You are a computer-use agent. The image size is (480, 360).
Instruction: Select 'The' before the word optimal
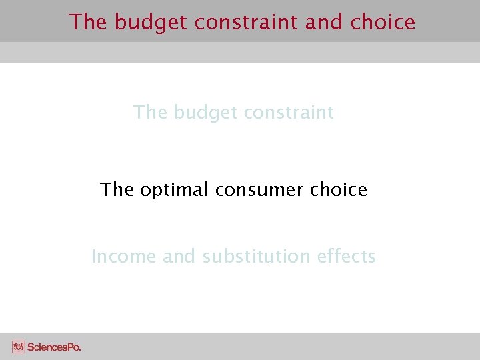coord(117,191)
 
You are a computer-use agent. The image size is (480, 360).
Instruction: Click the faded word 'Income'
coord(124,257)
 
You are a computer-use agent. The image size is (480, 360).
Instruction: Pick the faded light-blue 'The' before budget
coord(150,113)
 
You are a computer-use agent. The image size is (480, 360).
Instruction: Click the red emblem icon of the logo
coord(19,347)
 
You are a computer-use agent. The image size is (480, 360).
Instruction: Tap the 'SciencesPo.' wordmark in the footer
coord(54,347)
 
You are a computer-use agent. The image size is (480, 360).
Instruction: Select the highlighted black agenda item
coord(233,191)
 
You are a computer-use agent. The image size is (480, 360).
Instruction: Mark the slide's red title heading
coord(242,23)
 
